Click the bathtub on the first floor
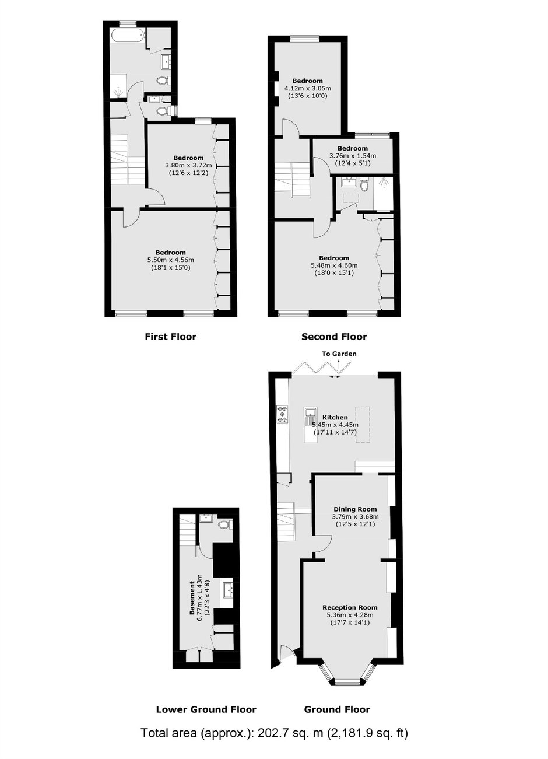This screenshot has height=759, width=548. pos(128,35)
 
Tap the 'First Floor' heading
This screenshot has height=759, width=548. pos(170,337)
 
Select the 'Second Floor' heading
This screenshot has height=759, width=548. pos(334,337)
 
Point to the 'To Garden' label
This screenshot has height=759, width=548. pos(339,354)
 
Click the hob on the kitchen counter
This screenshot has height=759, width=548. pos(282,414)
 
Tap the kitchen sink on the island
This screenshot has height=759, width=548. pos(310,416)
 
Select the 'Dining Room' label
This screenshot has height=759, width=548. pos(355,509)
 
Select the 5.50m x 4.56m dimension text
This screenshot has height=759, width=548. pos(171,260)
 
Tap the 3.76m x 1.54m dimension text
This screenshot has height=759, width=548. pos(353,156)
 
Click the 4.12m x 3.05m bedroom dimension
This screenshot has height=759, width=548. pos(308,89)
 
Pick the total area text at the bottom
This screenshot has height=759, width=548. pos(274,740)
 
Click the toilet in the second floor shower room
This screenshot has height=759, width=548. pos(365,185)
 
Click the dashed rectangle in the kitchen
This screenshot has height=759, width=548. pos(363,424)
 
